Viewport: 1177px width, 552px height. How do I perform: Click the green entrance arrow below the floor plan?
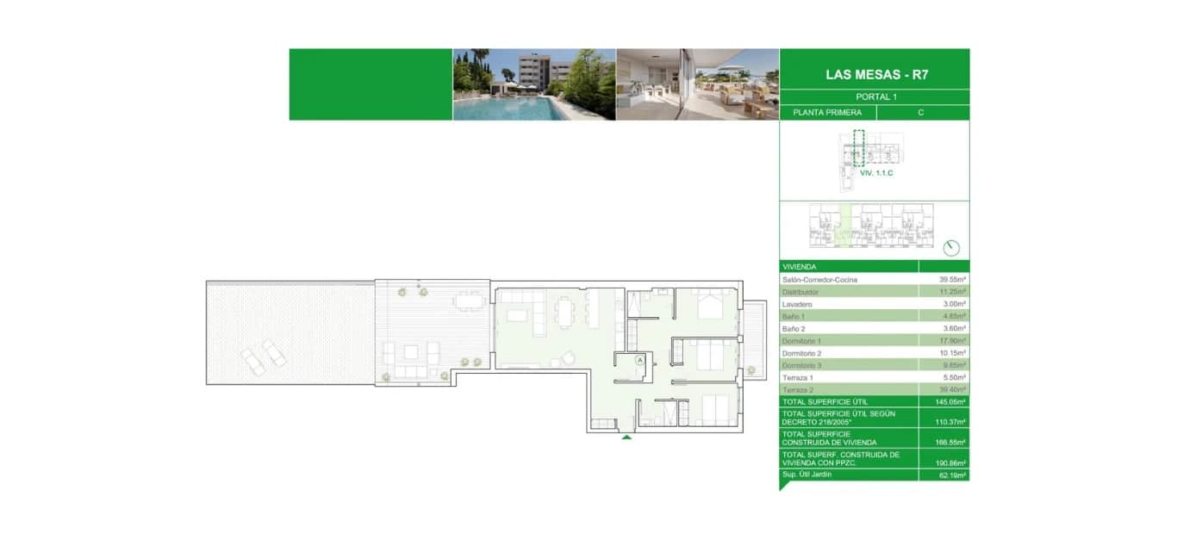[626, 437]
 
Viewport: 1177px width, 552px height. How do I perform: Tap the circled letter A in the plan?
[640, 361]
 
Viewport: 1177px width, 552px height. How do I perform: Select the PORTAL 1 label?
[875, 97]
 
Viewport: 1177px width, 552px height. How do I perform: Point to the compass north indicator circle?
[952, 247]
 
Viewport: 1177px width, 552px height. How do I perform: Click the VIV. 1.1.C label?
[876, 174]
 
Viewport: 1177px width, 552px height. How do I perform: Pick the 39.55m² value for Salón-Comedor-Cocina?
[952, 280]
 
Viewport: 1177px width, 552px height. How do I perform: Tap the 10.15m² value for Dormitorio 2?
[952, 353]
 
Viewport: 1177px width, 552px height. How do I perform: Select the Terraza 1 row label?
[797, 377]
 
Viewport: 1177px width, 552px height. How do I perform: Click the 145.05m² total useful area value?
[952, 401]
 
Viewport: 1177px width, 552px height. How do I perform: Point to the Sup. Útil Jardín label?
[807, 474]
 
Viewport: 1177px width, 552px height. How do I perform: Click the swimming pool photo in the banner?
[534, 84]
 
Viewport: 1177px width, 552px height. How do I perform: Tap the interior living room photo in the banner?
[697, 84]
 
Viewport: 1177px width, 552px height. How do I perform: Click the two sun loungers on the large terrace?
[264, 356]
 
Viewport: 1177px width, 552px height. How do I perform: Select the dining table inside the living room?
[565, 312]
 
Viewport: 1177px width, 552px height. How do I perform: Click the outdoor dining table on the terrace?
[470, 301]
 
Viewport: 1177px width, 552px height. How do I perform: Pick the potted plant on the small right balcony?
[751, 370]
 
